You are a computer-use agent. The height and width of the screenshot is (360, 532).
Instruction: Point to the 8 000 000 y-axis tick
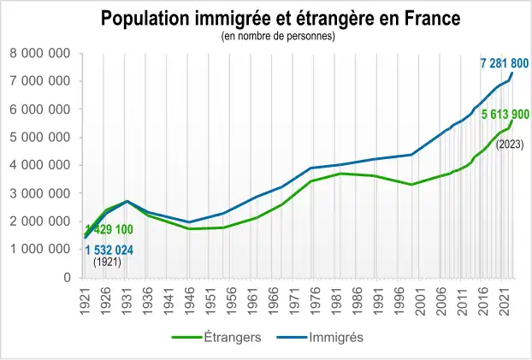pyautogui.click(x=40, y=54)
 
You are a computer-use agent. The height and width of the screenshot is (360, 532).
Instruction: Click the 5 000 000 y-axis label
pyautogui.click(x=40, y=138)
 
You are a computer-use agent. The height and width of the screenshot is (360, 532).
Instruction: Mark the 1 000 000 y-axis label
pyautogui.click(x=40, y=250)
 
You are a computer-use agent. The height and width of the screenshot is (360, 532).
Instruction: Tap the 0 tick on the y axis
pyautogui.click(x=66, y=278)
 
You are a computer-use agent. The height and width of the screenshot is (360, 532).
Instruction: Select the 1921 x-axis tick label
pyautogui.click(x=86, y=299)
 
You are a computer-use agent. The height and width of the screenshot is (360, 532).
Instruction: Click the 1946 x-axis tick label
pyautogui.click(x=190, y=299)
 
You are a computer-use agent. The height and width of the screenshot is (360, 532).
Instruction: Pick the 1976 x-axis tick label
pyautogui.click(x=316, y=299)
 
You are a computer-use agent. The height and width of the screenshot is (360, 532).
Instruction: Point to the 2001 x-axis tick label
pyautogui.click(x=420, y=299)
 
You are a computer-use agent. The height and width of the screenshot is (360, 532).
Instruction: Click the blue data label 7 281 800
pyautogui.click(x=504, y=62)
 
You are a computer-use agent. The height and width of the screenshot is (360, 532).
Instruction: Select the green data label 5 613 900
pyautogui.click(x=505, y=115)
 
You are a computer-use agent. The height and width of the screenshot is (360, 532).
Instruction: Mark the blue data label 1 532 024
pyautogui.click(x=109, y=250)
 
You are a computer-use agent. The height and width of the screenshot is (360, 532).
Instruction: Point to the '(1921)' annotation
pyautogui.click(x=107, y=263)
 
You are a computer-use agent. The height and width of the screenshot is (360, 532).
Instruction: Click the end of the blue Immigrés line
pyautogui.click(x=512, y=74)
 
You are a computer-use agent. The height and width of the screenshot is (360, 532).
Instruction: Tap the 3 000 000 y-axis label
pyautogui.click(x=40, y=194)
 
